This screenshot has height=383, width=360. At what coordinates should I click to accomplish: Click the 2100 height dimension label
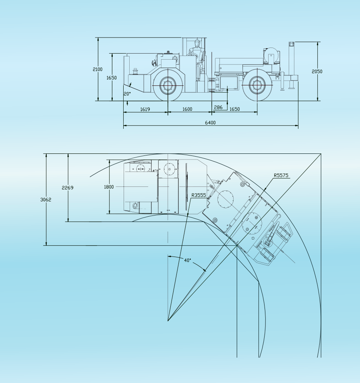click(97, 69)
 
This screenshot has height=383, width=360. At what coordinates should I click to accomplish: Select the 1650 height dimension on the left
click(112, 78)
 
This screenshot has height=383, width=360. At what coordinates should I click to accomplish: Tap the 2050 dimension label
click(317, 71)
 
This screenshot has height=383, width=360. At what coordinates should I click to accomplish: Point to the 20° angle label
click(127, 94)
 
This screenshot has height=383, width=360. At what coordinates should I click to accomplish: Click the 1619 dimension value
click(145, 109)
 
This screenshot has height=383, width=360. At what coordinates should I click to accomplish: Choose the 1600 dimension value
click(187, 109)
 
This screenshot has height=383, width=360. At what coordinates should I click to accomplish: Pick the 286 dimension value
click(218, 107)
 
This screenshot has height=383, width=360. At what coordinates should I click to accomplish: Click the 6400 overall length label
click(210, 122)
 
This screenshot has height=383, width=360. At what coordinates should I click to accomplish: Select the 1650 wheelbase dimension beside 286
click(234, 109)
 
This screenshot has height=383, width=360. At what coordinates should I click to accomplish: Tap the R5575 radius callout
click(281, 175)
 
